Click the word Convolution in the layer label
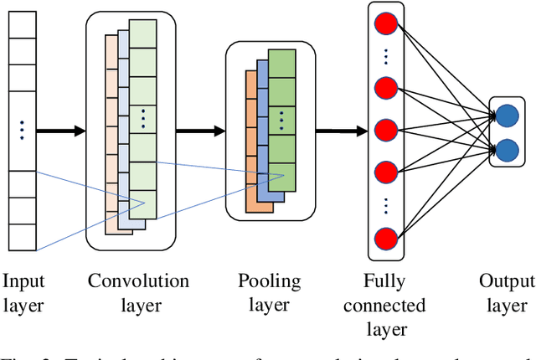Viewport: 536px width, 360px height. pos(138,280)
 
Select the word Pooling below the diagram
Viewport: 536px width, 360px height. pos(269,280)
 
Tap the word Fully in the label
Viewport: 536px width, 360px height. pos(384,280)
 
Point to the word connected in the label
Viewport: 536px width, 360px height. pos(384,305)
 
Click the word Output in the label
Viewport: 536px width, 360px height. pos(507,280)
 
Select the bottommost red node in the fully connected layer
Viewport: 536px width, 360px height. pos(385,236)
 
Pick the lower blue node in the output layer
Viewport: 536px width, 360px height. pos(508,150)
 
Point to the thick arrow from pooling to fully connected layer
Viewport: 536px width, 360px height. pos(342,131)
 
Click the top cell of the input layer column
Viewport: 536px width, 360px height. pos(22,25)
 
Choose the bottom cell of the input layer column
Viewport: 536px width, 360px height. pos(22,239)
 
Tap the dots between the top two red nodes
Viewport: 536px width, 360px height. pos(385,57)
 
